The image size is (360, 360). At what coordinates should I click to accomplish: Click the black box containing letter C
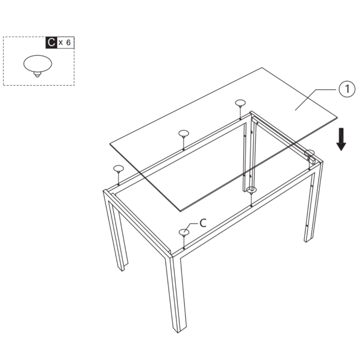pyautogui.click(x=51, y=43)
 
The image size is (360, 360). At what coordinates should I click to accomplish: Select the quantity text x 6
pyautogui.click(x=65, y=43)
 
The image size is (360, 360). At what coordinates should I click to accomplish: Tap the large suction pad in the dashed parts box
pyautogui.click(x=38, y=64)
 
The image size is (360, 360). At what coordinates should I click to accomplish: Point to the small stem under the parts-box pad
pyautogui.click(x=37, y=75)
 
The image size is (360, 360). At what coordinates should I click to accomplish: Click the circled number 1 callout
pyautogui.click(x=347, y=89)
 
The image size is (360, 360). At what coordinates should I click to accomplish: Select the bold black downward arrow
pyautogui.click(x=341, y=139)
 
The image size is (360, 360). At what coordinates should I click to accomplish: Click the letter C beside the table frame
pyautogui.click(x=203, y=223)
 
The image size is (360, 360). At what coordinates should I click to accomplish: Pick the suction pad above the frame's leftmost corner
pyautogui.click(x=118, y=169)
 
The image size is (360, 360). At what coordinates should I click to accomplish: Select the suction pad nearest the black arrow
pyautogui.click(x=309, y=153)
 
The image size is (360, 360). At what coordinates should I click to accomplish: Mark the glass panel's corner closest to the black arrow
pyautogui.click(x=337, y=117)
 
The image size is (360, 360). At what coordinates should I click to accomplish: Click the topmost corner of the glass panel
pyautogui.click(x=262, y=67)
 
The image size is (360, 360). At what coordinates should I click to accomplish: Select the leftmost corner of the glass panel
pyautogui.click(x=110, y=144)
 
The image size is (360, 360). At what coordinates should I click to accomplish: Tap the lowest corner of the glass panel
pyautogui.click(x=180, y=211)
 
